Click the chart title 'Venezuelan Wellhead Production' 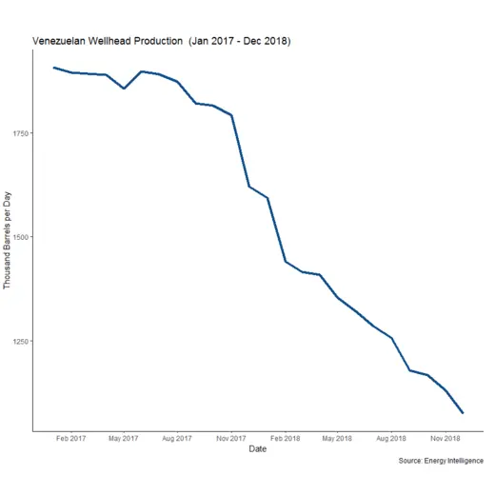(x=107, y=42)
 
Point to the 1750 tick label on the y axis (x=22, y=133)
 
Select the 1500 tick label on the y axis (x=22, y=237)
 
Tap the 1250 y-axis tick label (x=22, y=341)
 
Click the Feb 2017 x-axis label (x=70, y=439)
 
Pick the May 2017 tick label (x=124, y=439)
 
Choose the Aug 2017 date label (x=178, y=439)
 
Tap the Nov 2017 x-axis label (x=231, y=439)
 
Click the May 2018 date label (x=338, y=439)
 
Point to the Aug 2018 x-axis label (x=392, y=439)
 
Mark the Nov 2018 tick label (x=445, y=439)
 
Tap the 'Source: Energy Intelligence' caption (x=443, y=461)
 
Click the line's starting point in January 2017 (x=53, y=68)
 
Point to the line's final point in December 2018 (x=463, y=412)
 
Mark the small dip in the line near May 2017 (x=124, y=89)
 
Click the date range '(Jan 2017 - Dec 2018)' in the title (x=240, y=42)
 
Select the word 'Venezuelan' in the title (x=59, y=42)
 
